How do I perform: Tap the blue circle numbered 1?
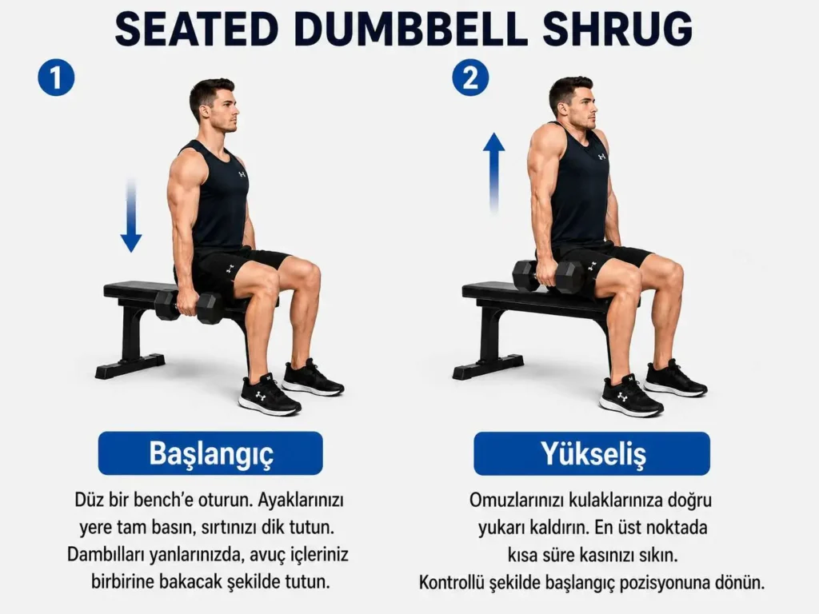pos(57,78)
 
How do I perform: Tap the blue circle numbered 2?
pos(470,78)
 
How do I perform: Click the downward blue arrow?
pos(131,215)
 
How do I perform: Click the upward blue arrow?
pos(493,173)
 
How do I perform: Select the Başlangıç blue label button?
pos(210,453)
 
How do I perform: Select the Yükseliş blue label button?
pos(592,453)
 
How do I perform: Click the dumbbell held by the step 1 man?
pos(189,306)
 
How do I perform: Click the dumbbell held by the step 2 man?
pos(549,275)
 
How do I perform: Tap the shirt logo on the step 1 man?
pos(242,173)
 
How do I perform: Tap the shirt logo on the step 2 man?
pos(601,156)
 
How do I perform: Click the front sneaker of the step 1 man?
pos(269,394)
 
